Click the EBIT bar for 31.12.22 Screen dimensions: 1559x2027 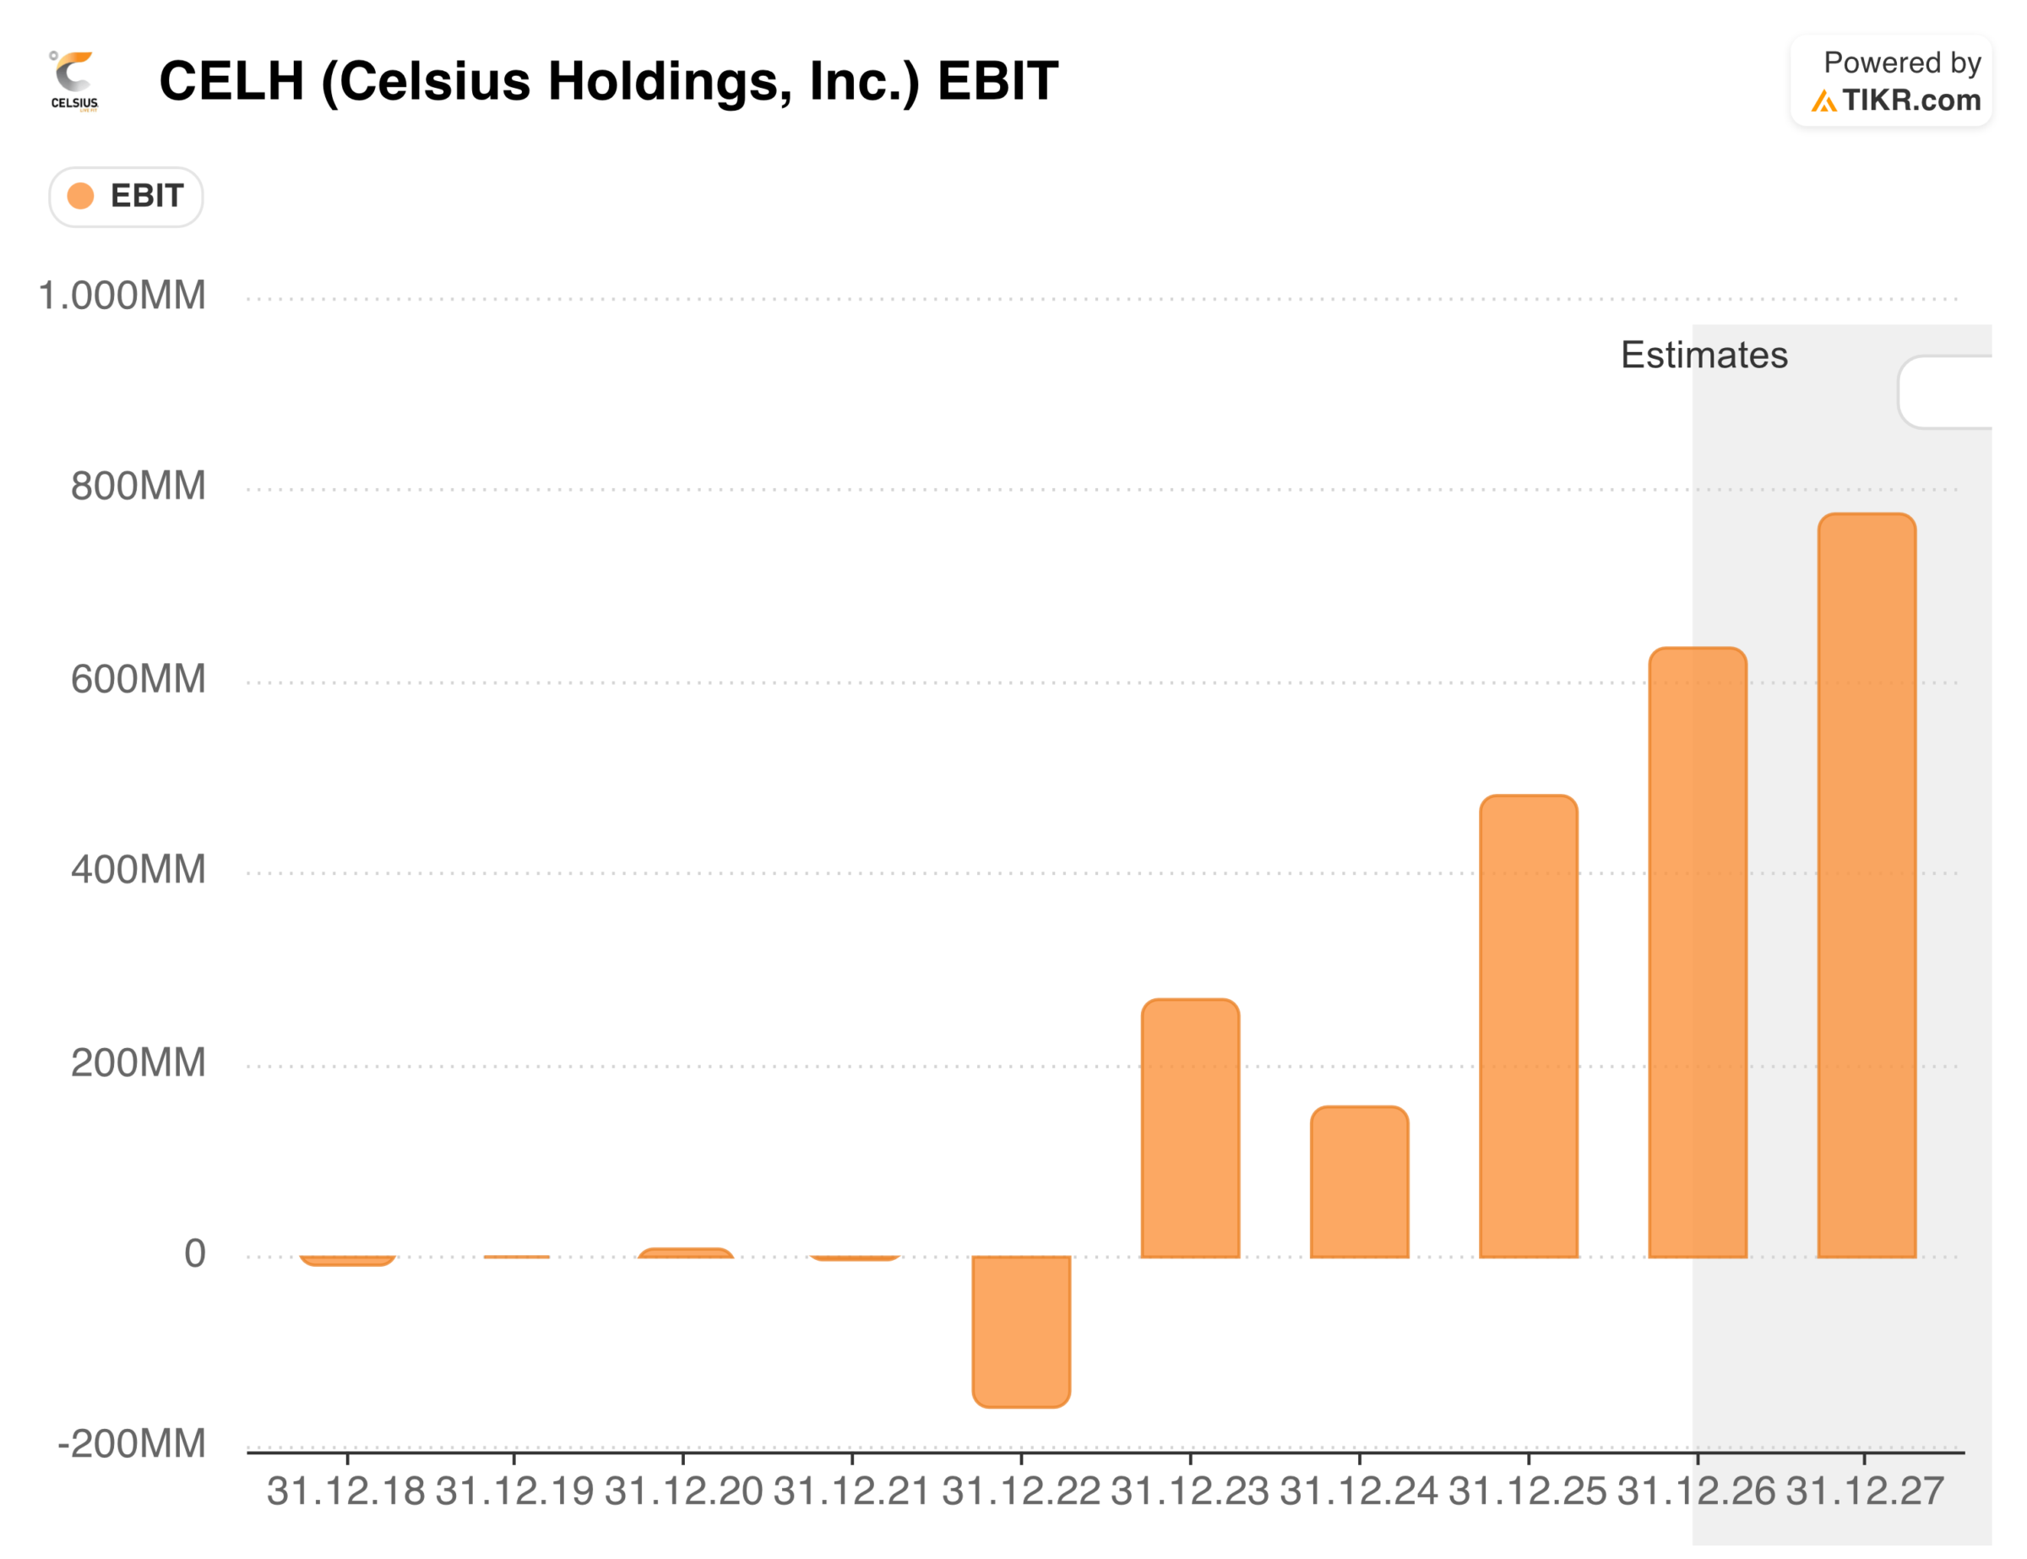click(x=1021, y=1331)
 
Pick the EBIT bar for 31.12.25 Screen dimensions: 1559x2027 click(x=1529, y=1025)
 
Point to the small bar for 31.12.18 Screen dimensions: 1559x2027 click(x=347, y=1260)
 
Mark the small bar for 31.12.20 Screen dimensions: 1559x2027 click(x=685, y=1252)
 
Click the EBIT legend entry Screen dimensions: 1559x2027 click(x=126, y=197)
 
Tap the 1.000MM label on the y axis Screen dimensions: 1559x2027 click(x=122, y=296)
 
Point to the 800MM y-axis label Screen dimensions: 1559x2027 click(x=139, y=486)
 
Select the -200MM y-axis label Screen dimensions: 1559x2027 click(x=132, y=1444)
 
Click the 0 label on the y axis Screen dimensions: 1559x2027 click(x=195, y=1253)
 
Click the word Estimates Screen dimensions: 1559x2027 click(x=1704, y=356)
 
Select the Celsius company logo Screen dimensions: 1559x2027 click(x=74, y=82)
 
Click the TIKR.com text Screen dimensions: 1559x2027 click(x=1910, y=100)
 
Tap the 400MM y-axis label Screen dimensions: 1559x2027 click(x=139, y=871)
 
